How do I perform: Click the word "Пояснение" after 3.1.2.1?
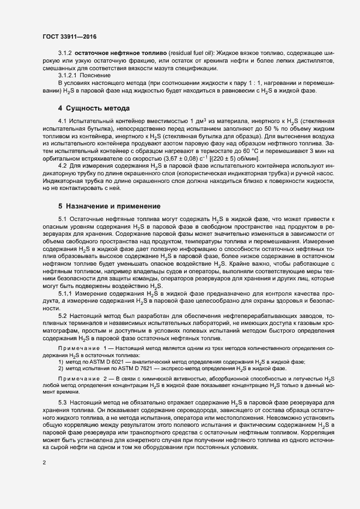coord(96,75)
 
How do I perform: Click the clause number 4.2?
coord(62,164)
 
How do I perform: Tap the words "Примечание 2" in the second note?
coord(84,378)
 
